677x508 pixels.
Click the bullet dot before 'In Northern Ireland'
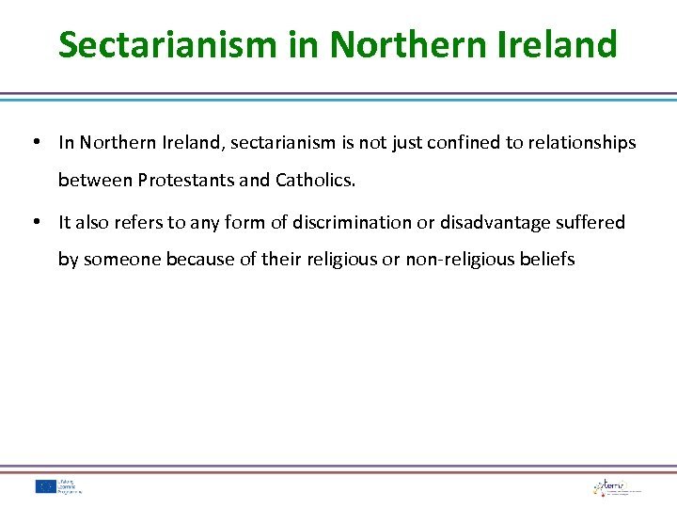(34, 143)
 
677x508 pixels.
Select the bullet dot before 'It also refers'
(34, 222)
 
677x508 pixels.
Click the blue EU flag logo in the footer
(46, 486)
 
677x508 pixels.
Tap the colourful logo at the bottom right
(617, 486)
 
